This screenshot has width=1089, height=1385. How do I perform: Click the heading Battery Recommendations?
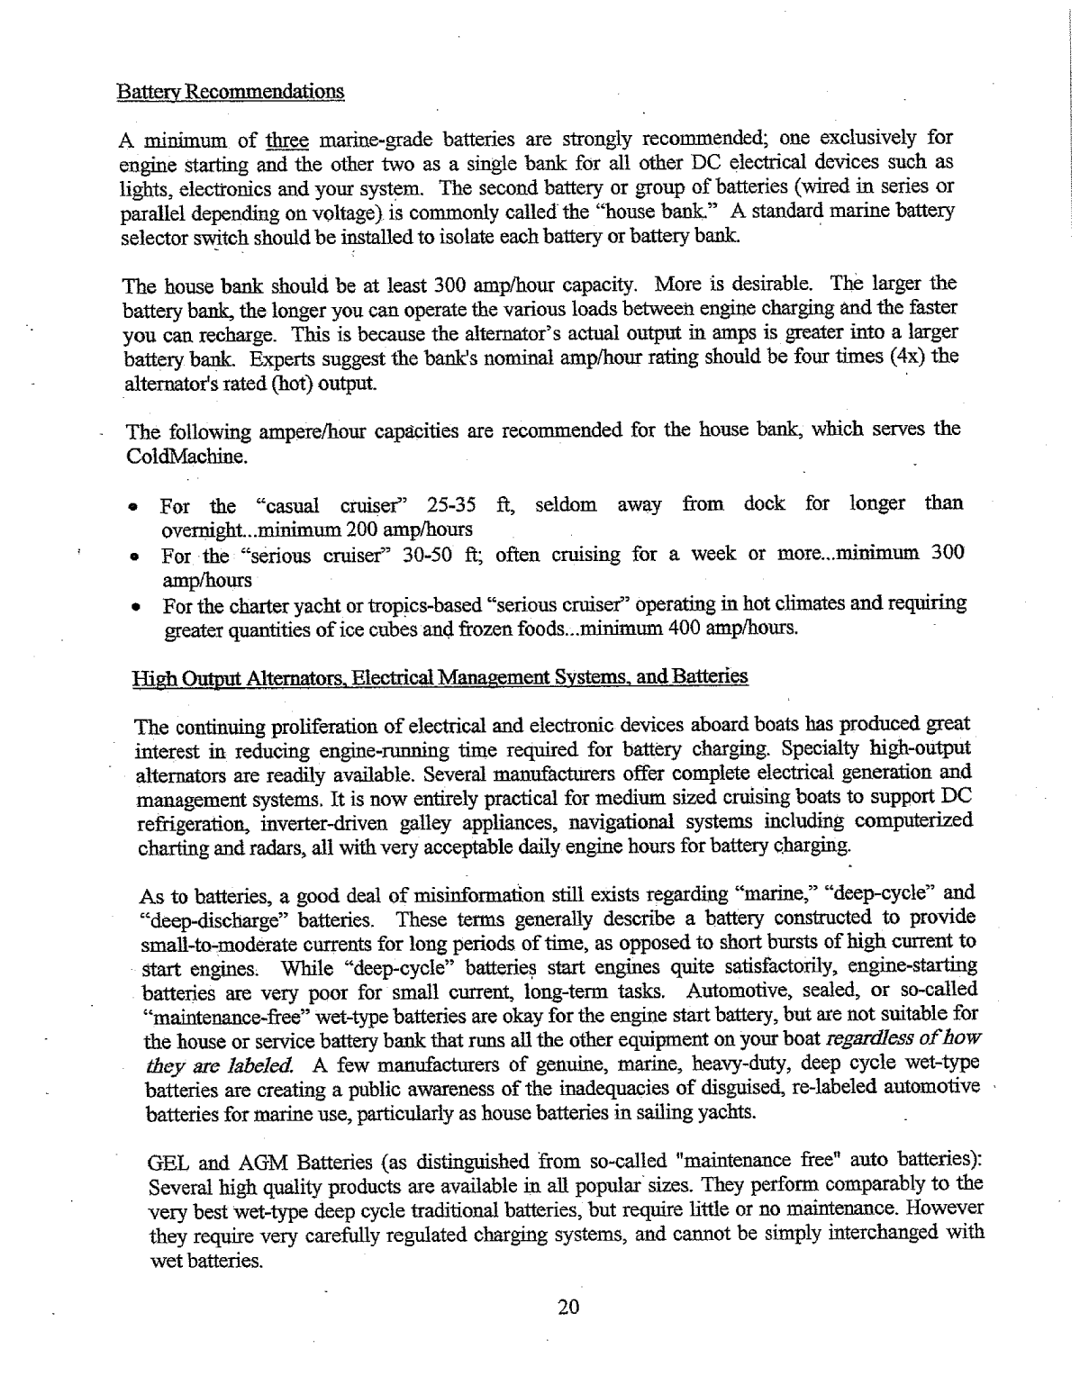pyautogui.click(x=231, y=92)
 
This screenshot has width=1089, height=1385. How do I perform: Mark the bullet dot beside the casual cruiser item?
pyautogui.click(x=132, y=508)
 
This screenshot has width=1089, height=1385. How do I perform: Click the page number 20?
pyautogui.click(x=568, y=1308)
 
